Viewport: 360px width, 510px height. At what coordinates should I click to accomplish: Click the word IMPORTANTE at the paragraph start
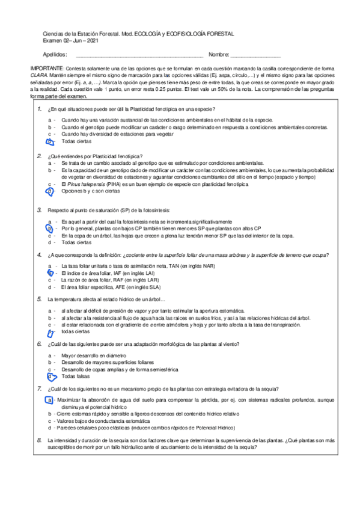[x=44, y=70]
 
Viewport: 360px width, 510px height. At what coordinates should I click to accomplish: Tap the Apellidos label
[x=55, y=55]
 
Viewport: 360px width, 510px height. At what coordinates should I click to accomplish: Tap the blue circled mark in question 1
[x=50, y=141]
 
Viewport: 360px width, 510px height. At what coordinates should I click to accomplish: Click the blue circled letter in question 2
[x=50, y=191]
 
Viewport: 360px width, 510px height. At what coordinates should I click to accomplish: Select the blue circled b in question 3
[x=50, y=229]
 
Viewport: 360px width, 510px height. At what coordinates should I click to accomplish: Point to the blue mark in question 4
[x=50, y=272]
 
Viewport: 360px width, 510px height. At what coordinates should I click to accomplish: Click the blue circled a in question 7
[x=49, y=400]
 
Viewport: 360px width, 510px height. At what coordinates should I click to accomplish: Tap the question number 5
[x=39, y=298]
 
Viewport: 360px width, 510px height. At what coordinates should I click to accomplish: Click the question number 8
[x=39, y=441]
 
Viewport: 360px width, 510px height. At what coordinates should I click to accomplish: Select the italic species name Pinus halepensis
[x=86, y=185]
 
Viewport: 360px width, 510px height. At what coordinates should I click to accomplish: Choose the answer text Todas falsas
[x=77, y=376]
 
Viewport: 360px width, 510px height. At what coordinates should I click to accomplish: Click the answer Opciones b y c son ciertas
[x=90, y=191]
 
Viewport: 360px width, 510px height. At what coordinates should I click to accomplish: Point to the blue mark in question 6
[x=50, y=376]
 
